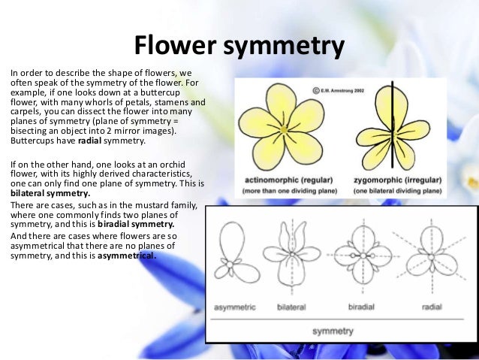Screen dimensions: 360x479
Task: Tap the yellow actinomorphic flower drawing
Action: tap(283, 126)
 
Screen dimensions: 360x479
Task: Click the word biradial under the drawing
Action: tap(362, 307)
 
